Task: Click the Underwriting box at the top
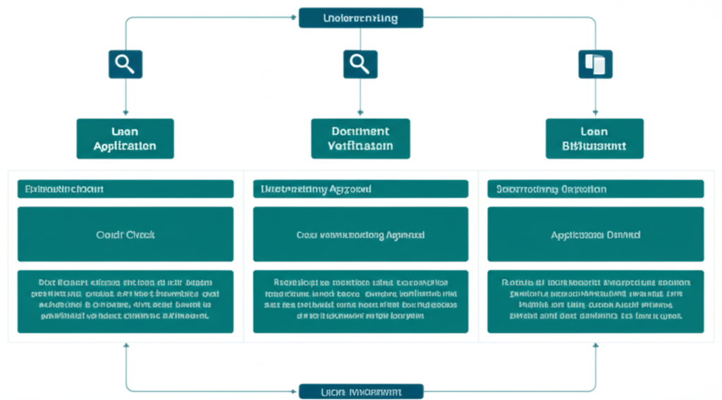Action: pos(360,18)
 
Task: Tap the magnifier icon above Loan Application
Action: pos(125,64)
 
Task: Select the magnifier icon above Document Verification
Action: pos(360,64)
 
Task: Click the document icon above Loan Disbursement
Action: pos(595,64)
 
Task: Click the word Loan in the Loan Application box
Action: pos(125,131)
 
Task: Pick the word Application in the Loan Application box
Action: pos(125,146)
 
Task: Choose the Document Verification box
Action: pos(360,138)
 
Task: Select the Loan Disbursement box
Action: pos(595,138)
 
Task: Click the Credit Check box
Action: pos(125,235)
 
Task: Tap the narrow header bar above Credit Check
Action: pos(125,189)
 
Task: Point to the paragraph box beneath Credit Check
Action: pos(125,301)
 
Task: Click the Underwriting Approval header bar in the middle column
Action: pos(360,189)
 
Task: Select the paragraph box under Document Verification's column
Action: pos(360,301)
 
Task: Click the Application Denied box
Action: pos(595,235)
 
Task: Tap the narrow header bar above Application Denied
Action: pos(595,189)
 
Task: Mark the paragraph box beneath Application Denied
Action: pos(595,301)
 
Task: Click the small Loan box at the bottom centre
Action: pos(360,391)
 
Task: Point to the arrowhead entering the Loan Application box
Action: pos(126,111)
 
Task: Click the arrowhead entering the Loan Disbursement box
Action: pos(596,111)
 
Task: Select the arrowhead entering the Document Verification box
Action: pos(360,111)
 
